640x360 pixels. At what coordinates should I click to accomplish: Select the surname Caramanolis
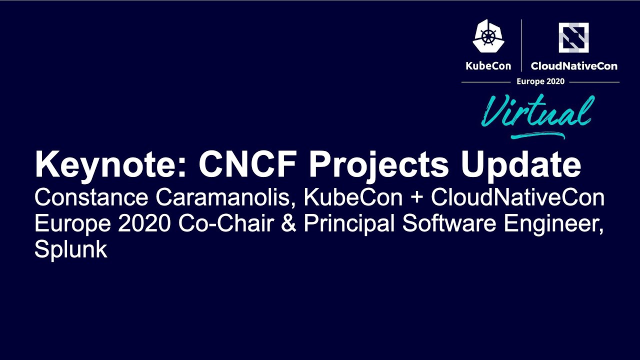coord(224,198)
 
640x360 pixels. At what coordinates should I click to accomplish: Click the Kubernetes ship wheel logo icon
coord(488,36)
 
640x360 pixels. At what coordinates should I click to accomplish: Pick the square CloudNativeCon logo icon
coord(573,37)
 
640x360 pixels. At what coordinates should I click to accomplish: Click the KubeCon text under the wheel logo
coord(488,66)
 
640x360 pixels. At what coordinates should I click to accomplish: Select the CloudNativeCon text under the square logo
coord(574,66)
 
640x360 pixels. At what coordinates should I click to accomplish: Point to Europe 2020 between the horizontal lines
coord(540,81)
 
